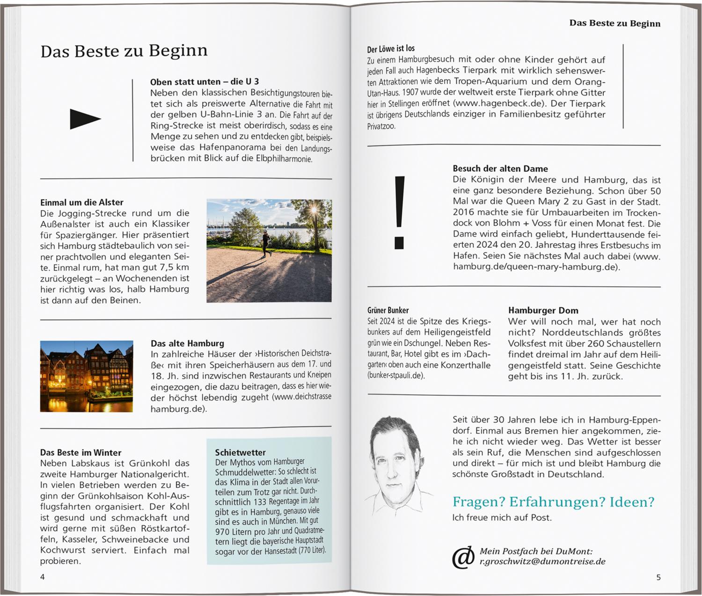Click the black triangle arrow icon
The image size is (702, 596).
point(85,119)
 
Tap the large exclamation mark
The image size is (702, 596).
point(399,212)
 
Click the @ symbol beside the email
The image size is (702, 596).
point(463,557)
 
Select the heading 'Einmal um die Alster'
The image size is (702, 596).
point(82,202)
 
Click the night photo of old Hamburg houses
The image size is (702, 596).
point(87,376)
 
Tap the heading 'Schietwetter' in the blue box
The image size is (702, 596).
point(240,452)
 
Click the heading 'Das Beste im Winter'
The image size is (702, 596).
point(80,452)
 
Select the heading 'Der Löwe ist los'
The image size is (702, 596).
point(391,48)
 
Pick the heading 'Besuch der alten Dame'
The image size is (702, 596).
point(500,168)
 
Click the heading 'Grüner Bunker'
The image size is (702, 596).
point(388,310)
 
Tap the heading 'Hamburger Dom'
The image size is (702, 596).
point(543,310)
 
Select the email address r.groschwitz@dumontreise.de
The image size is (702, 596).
point(542,561)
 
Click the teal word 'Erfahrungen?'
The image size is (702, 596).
point(557,502)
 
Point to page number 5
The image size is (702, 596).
point(658,577)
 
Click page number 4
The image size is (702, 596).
point(43,577)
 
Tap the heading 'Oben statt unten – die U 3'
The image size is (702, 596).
point(204,82)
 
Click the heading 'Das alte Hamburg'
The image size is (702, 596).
point(187,343)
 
